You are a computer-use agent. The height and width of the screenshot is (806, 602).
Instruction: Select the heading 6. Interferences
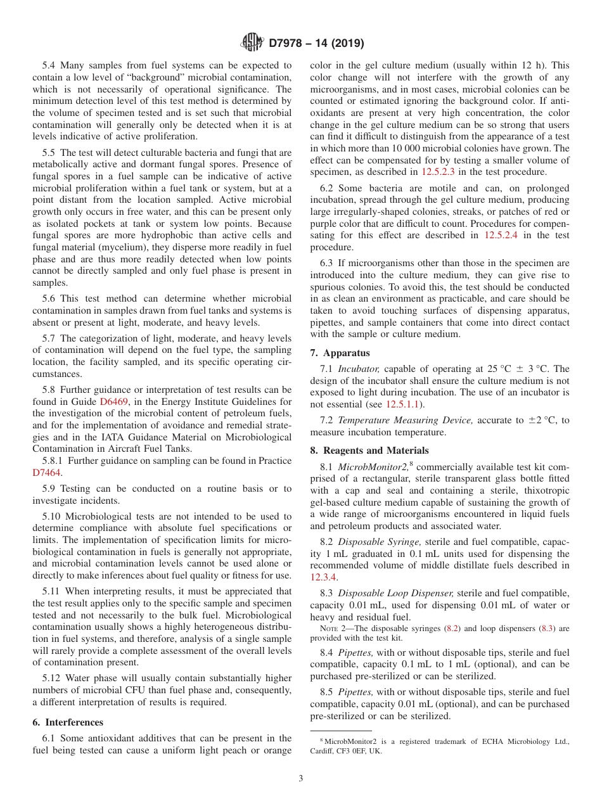[68, 722]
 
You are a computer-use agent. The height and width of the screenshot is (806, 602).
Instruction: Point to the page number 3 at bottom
[301, 779]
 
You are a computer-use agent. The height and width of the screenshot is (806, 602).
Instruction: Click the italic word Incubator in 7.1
[358, 369]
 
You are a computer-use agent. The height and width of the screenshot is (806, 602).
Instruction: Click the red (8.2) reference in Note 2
[452, 629]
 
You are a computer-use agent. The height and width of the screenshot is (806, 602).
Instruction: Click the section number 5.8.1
[55, 461]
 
